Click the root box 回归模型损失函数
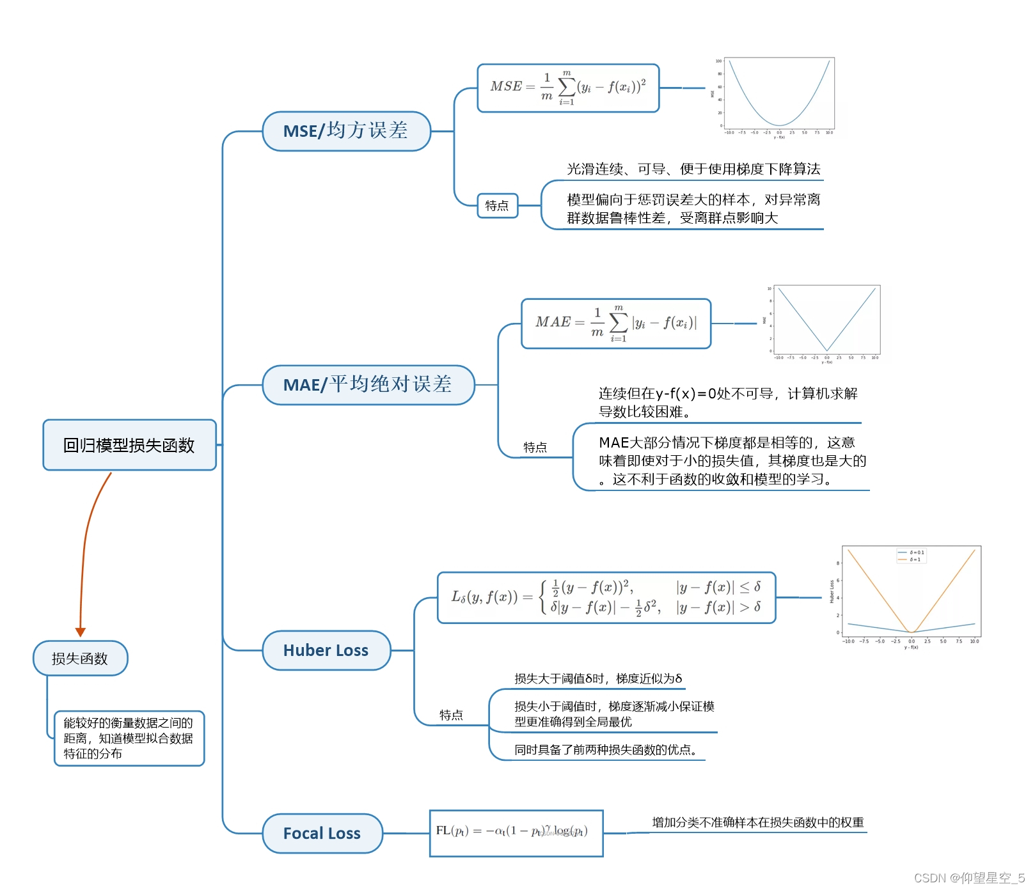click(x=129, y=445)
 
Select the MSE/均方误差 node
click(x=346, y=131)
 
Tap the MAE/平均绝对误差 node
click(x=368, y=385)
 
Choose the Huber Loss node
click(x=326, y=650)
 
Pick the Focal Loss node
click(x=322, y=833)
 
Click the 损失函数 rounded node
click(x=80, y=658)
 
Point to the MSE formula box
click(x=568, y=88)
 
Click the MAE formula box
click(x=616, y=324)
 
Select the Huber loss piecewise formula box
click(x=606, y=597)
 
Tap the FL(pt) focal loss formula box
click(x=516, y=832)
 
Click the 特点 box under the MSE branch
click(x=497, y=206)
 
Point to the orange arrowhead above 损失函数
click(x=81, y=632)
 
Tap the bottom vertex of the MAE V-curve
click(x=826, y=350)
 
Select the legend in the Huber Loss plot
click(x=912, y=556)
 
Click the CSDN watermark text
click(x=968, y=878)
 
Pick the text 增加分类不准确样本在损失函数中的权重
click(x=758, y=822)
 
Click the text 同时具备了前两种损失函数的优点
click(x=605, y=749)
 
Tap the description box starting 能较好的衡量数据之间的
click(x=129, y=738)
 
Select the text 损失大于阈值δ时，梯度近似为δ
click(x=598, y=678)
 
